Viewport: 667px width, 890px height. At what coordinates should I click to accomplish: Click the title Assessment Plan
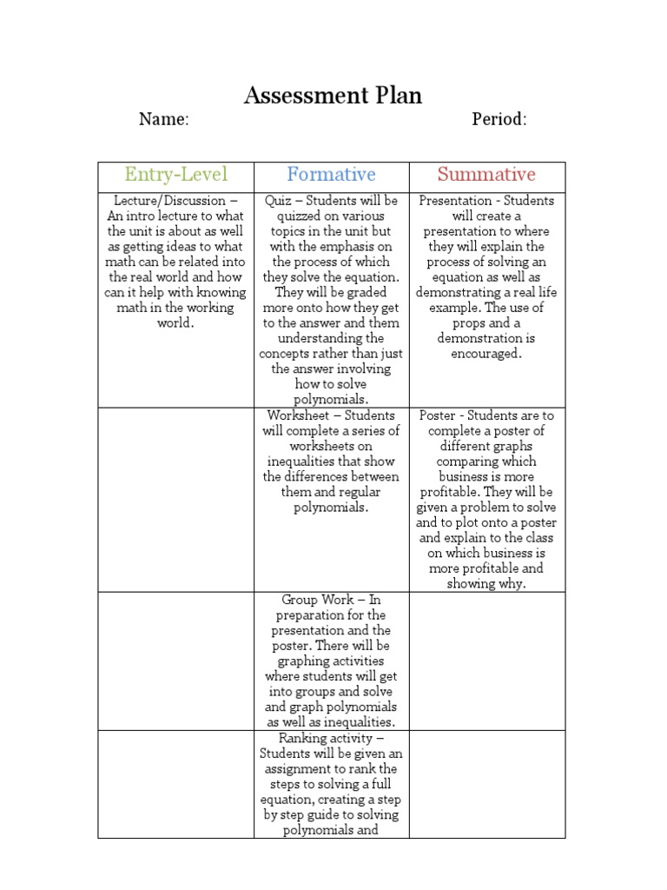[x=333, y=96]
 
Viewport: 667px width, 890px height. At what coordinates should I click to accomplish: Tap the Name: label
[x=163, y=120]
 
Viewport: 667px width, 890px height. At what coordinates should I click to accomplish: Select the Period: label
[x=499, y=120]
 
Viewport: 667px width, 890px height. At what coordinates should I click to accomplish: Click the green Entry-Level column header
[x=175, y=175]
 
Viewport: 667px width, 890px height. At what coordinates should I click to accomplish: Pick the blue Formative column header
[x=331, y=175]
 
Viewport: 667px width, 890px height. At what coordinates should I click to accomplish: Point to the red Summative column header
[x=486, y=175]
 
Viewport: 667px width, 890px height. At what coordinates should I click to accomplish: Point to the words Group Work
[x=317, y=600]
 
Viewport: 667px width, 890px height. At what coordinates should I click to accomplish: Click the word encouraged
[x=486, y=354]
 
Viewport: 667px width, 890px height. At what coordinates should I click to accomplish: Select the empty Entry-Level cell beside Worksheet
[x=175, y=499]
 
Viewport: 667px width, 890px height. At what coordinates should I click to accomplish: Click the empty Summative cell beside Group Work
[x=486, y=661]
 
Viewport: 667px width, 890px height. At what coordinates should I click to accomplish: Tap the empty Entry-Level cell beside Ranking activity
[x=175, y=784]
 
